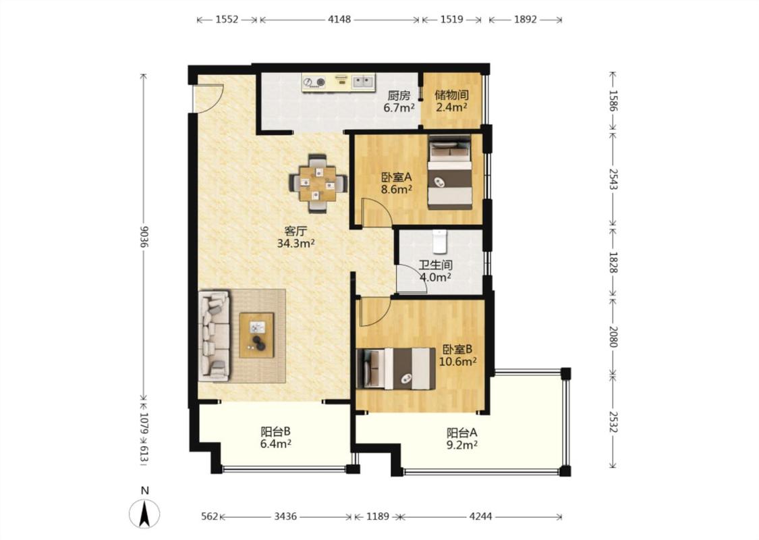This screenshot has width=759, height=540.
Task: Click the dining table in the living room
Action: click(x=318, y=184)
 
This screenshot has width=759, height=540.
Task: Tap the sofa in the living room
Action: click(x=213, y=335)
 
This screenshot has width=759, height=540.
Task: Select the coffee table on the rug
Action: click(x=256, y=335)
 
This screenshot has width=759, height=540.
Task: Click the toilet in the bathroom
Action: click(x=439, y=241)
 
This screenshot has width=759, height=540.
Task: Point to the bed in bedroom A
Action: click(x=450, y=173)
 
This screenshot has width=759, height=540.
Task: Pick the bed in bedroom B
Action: click(x=397, y=369)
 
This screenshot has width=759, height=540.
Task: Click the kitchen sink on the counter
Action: click(x=363, y=82)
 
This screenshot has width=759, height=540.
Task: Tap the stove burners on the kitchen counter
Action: click(x=314, y=82)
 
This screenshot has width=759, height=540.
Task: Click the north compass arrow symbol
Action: click(x=144, y=514)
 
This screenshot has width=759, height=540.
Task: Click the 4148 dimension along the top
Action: click(x=339, y=20)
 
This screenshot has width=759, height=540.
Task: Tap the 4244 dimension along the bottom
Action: click(x=480, y=517)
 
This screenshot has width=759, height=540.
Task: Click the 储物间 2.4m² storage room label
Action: click(x=451, y=101)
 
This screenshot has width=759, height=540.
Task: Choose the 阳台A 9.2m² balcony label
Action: click(x=461, y=438)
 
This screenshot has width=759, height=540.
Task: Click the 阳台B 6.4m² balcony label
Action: click(x=276, y=437)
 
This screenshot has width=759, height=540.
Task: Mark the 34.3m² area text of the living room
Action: click(x=296, y=244)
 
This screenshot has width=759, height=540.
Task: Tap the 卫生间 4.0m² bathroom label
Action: click(x=435, y=271)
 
